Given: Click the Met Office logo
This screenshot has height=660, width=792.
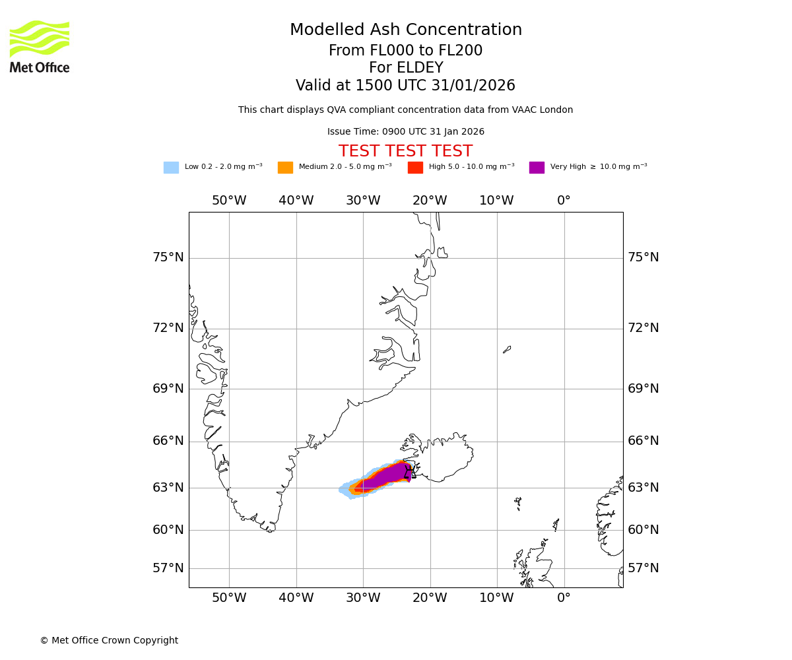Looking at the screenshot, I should coord(40,46).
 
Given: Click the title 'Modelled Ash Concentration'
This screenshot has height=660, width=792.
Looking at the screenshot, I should coord(406,30).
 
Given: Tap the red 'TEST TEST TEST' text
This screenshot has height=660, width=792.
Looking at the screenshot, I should coord(405,152).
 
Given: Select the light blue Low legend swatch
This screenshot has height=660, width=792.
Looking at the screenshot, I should coord(171,168).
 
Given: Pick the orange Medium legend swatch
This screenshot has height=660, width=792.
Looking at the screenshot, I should coord(285,168).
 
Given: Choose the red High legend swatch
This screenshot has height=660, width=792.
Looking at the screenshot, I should coord(415,168).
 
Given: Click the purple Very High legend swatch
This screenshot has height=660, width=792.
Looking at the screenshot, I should coord(537,168).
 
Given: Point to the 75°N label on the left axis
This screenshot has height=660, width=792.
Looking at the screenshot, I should coord(168,257).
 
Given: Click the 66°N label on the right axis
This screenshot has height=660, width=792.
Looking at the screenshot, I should coord(643,441).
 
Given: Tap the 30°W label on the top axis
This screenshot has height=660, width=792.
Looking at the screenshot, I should coord(363,201).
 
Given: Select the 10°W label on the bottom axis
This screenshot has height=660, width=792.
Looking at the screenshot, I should coord(496,598).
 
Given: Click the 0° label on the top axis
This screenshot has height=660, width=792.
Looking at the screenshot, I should coord(564,201).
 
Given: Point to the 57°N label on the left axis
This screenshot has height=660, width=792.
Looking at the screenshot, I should coord(168,568).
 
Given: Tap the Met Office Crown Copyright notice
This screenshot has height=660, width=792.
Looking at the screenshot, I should coord(109,641).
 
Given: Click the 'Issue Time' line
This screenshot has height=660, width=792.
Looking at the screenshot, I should coord(406,132).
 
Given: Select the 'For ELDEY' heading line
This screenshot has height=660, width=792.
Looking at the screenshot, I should coord(406,68).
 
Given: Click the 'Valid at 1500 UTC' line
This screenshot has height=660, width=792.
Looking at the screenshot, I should coord(406,86).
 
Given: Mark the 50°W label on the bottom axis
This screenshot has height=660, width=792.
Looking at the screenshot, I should coord(229,598).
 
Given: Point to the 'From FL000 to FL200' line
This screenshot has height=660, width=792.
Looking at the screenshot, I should coord(406,51).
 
